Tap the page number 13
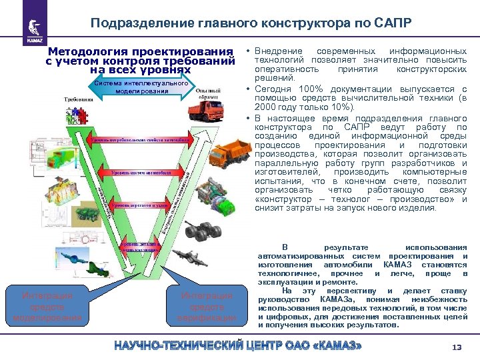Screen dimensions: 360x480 [457, 347]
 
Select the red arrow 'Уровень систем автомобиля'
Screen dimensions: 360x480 [141, 173]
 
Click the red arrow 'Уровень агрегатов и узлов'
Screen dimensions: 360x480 [139, 205]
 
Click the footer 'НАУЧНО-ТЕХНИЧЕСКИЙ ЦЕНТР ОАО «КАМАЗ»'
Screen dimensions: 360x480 [239, 347]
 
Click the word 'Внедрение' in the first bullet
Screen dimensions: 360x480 [273, 51]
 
